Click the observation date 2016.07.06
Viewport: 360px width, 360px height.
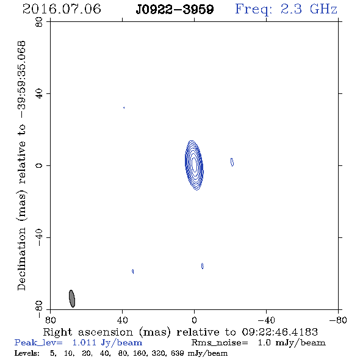[62, 9]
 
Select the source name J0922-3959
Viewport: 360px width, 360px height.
[175, 9]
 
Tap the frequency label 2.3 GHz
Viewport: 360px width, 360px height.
[309, 9]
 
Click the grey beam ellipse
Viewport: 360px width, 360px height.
[72, 298]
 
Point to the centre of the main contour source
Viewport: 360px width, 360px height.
[194, 165]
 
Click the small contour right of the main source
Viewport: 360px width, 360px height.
[232, 162]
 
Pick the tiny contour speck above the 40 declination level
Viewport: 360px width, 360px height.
[124, 107]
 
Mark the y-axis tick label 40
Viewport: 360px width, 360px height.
[39, 94]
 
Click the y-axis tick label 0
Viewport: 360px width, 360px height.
[39, 165]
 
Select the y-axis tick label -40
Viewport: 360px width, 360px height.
[39, 237]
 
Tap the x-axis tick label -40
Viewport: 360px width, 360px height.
[266, 320]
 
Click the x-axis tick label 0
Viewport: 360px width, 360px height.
[194, 320]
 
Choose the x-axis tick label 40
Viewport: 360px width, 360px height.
[123, 320]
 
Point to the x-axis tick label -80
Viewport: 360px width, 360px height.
[338, 320]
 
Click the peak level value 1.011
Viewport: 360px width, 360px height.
[84, 342]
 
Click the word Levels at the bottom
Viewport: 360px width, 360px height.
[27, 353]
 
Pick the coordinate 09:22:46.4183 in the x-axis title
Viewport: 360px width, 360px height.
[279, 332]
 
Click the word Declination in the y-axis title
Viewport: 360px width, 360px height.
[21, 259]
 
